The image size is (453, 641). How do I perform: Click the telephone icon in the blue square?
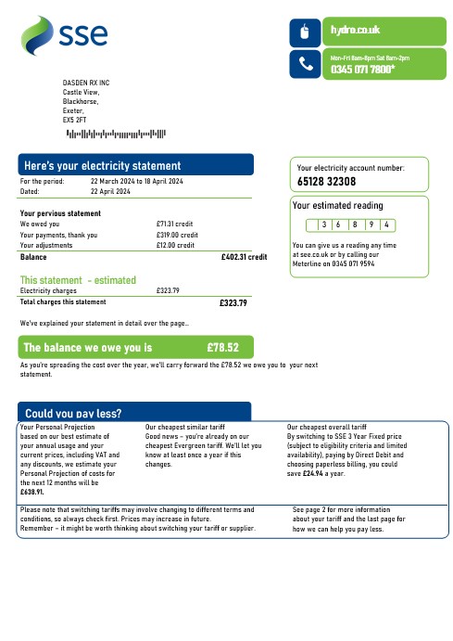point(307,63)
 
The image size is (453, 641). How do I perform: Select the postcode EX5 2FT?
point(75,121)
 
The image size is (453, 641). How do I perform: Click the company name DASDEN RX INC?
point(85,83)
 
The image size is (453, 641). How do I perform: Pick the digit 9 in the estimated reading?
point(370,225)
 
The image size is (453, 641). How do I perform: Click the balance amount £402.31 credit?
point(244,257)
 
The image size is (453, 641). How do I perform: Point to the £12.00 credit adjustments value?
point(175,246)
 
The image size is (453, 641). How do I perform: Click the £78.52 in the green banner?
point(221,349)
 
